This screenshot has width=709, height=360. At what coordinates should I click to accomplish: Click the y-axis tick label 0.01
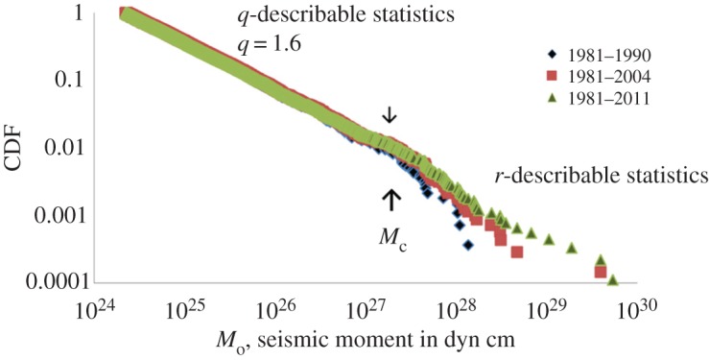coord(60,148)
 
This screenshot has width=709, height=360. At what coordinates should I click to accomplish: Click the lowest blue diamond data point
coord(468,246)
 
